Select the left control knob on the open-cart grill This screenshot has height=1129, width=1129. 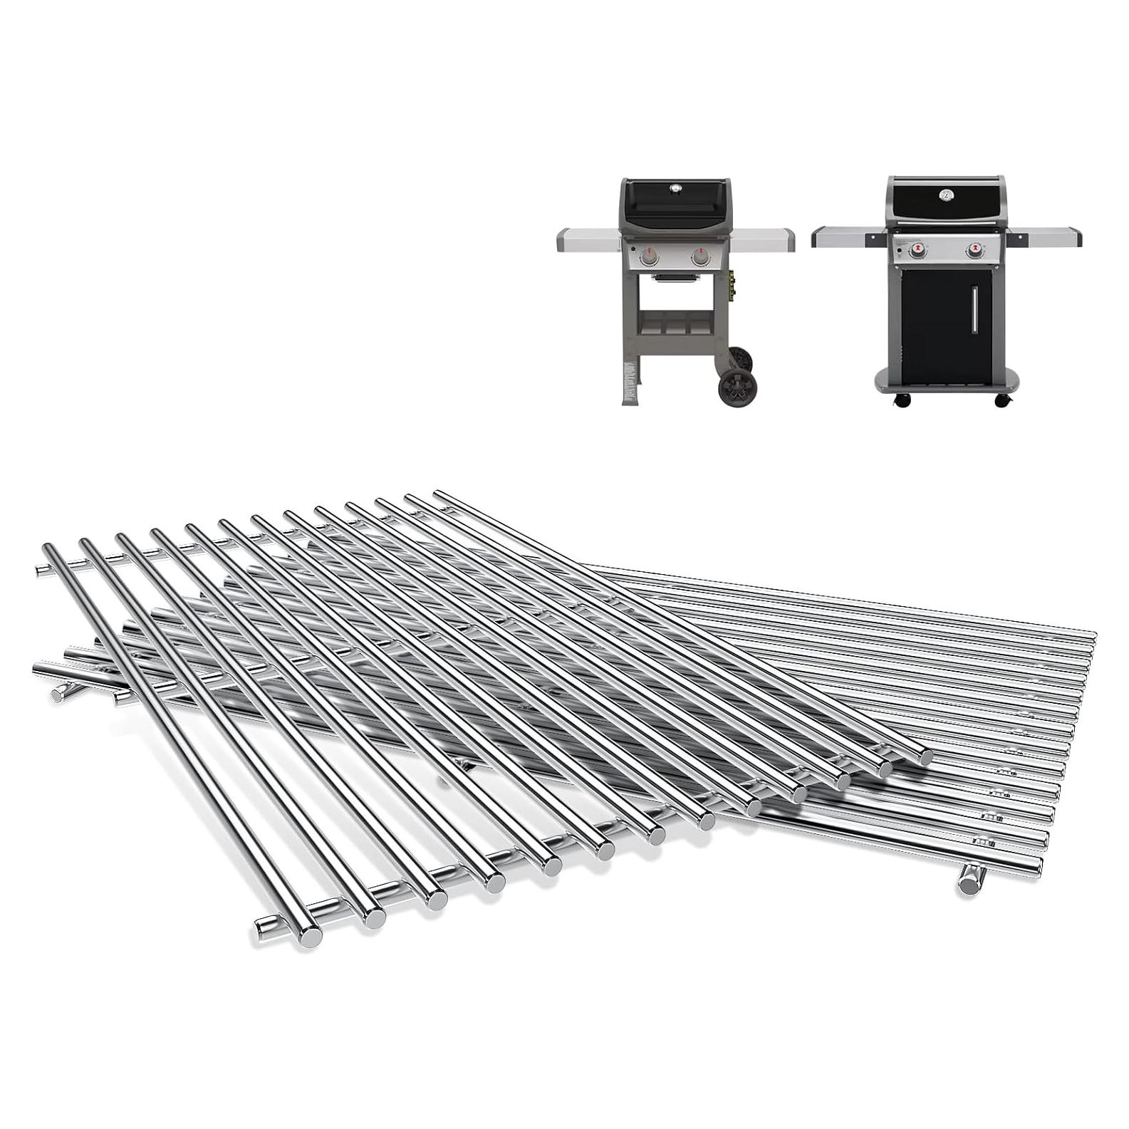coord(649,257)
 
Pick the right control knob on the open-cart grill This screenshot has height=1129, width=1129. coord(701,257)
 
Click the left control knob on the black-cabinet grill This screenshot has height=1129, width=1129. coord(919,251)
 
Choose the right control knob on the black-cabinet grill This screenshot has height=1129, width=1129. coord(974,251)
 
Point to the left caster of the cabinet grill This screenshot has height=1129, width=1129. coord(906,402)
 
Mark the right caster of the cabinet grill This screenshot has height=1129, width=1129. coord(1003,402)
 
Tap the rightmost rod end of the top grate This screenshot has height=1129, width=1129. coord(924,757)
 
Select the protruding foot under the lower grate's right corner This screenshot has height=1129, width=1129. coord(969,882)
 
